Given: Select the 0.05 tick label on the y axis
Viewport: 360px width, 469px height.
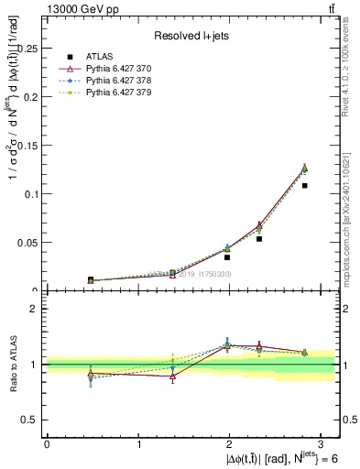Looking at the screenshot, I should coord(28,243).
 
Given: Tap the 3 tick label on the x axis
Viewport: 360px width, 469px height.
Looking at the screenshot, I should coord(324,444).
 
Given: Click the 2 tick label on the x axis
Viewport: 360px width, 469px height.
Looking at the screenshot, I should coord(232,444).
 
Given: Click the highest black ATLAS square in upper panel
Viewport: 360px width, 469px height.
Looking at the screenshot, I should coord(305,186).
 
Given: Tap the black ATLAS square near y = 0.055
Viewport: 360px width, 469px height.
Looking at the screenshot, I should coord(259,238).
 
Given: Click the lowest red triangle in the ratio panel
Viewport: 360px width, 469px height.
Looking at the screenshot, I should coord(172,376).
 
